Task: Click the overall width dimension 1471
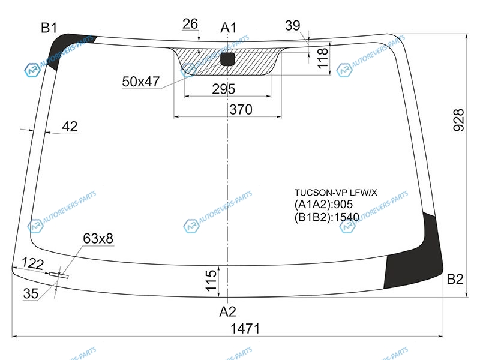(245, 328)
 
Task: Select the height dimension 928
(458, 120)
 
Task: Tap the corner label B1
(49, 28)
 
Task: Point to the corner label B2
(455, 279)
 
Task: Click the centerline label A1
(229, 28)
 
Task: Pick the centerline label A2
(228, 311)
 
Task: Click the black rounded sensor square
(227, 59)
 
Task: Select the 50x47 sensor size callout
(141, 82)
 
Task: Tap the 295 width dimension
(224, 89)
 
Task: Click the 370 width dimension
(241, 109)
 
